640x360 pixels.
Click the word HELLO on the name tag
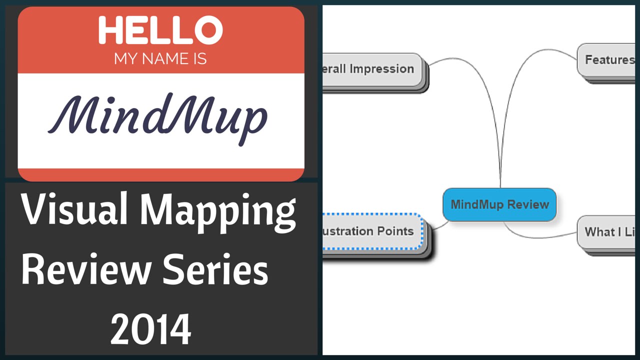tap(160, 31)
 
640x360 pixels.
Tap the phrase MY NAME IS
tap(160, 59)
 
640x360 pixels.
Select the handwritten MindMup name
tap(158, 118)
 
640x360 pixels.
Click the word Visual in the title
tap(74, 210)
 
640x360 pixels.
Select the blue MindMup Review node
tap(499, 204)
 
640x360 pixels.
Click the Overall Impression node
tap(372, 69)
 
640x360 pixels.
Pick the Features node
tap(607, 60)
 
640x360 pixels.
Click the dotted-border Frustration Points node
tap(372, 231)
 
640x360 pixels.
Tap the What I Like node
tap(607, 232)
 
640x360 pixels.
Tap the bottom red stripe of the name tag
tap(160, 175)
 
